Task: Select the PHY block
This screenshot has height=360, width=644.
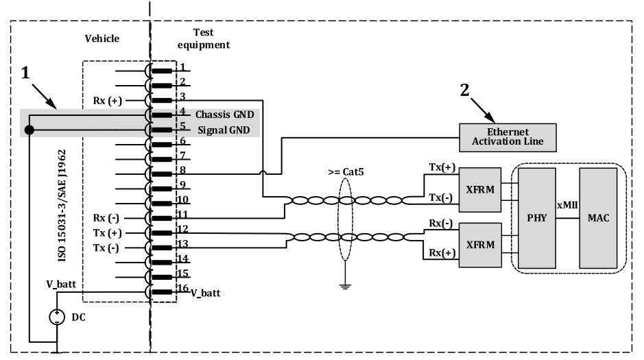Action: click(x=537, y=217)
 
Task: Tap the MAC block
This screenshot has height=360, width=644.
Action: click(x=598, y=217)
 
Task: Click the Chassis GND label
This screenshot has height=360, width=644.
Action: click(x=223, y=114)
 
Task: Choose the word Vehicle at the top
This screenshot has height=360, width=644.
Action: click(x=102, y=39)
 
